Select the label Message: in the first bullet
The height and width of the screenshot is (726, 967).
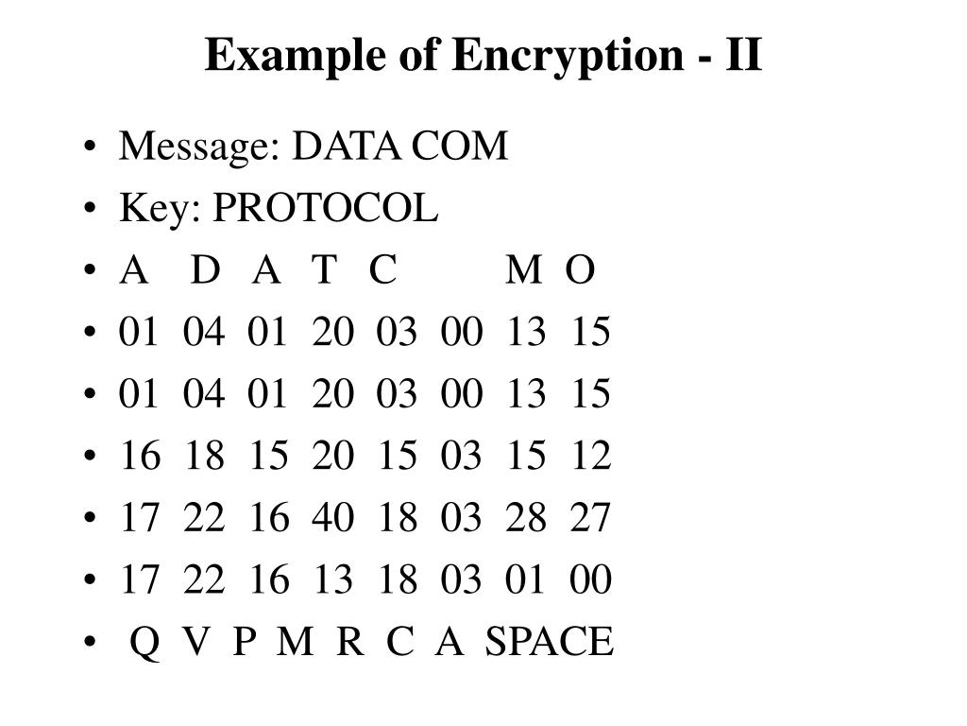click(201, 147)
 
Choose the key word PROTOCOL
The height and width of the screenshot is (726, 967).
click(326, 209)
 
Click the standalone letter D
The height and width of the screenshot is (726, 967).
click(205, 271)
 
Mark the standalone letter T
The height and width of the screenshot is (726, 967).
click(324, 271)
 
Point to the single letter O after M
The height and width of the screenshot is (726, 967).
click(580, 271)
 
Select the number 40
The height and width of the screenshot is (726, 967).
click(332, 518)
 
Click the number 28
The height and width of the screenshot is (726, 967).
click(526, 518)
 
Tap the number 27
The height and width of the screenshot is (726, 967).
click(590, 518)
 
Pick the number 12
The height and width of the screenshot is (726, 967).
click(590, 457)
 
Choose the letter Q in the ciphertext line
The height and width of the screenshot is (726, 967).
click(144, 642)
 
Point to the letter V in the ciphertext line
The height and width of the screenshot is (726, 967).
click(195, 642)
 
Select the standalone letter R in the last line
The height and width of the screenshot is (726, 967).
click(349, 642)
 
